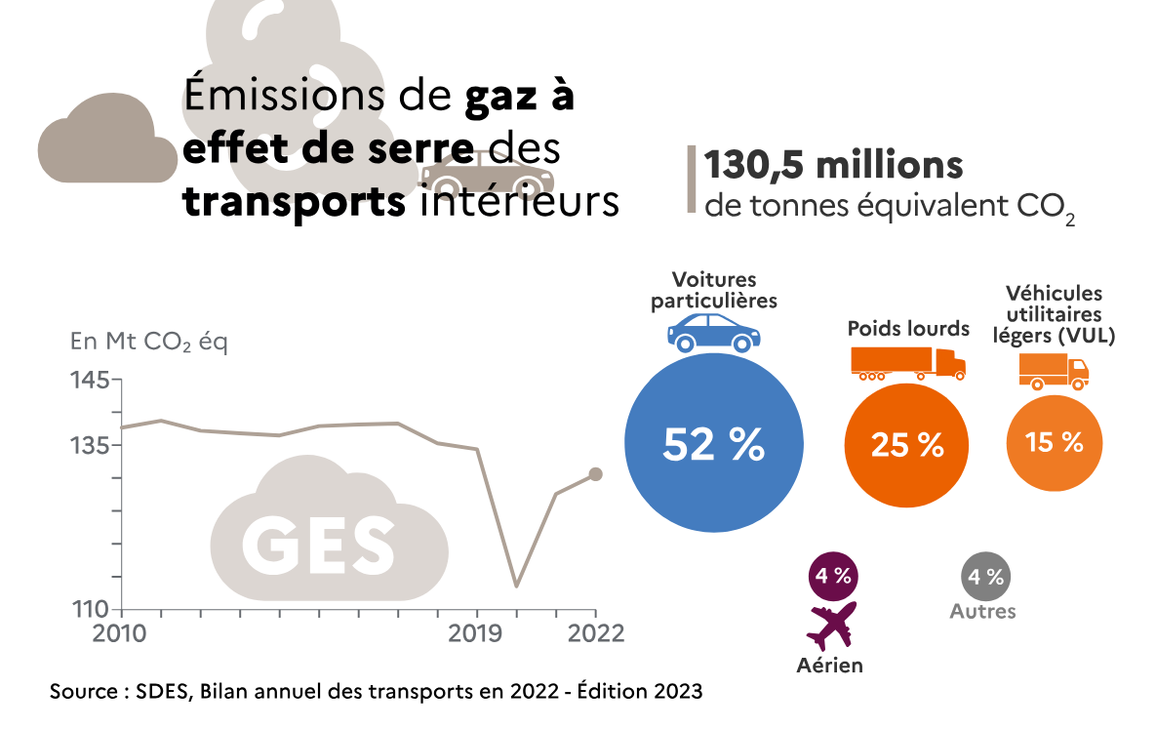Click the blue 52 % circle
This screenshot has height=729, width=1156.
pyautogui.click(x=713, y=444)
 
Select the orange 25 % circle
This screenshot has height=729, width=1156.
pyautogui.click(x=907, y=445)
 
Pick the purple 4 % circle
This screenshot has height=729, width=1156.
pyautogui.click(x=833, y=576)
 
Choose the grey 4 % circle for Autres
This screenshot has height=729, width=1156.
pyautogui.click(x=985, y=576)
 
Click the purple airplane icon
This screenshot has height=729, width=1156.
pyautogui.click(x=833, y=625)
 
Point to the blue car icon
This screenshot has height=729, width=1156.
pyautogui.click(x=713, y=332)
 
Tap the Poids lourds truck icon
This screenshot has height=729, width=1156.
pyautogui.click(x=908, y=363)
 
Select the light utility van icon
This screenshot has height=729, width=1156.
pyautogui.click(x=1054, y=371)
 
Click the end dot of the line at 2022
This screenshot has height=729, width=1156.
pyautogui.click(x=596, y=474)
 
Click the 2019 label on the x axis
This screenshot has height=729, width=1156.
pyautogui.click(x=475, y=632)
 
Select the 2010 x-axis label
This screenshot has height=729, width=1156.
pyautogui.click(x=119, y=632)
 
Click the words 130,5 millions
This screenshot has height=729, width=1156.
pyautogui.click(x=834, y=166)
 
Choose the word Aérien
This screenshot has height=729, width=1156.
pyautogui.click(x=830, y=666)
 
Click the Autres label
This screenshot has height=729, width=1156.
pyautogui.click(x=983, y=612)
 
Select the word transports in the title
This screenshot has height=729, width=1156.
pyautogui.click(x=293, y=202)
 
